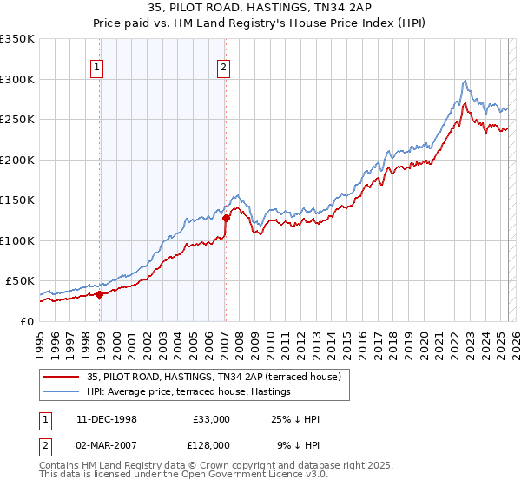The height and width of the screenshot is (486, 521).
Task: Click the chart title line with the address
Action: pyautogui.click(x=260, y=10)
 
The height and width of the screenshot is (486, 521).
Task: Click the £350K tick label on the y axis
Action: pyautogui.click(x=16, y=39)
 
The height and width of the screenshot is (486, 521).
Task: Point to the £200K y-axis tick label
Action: pyautogui.click(x=16, y=160)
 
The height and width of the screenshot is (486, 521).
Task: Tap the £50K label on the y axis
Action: pyautogui.click(x=20, y=281)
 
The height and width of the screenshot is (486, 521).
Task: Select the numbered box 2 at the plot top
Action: pyautogui.click(x=223, y=68)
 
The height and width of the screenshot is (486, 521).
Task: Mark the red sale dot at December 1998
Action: pyautogui.click(x=100, y=294)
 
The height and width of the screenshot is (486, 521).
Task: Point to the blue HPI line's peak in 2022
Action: pyautogui.click(x=466, y=81)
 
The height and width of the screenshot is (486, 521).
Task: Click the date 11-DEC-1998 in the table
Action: pyautogui.click(x=107, y=419)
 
